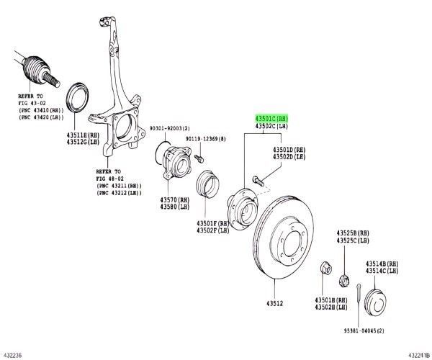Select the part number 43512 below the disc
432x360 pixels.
[274, 303]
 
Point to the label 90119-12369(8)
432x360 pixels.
[204, 139]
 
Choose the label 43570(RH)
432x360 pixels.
[174, 199]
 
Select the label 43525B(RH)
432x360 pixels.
[352, 233]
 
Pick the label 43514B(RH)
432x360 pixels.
[382, 264]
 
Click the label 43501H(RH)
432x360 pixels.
[330, 300]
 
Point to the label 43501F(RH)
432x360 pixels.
[212, 224]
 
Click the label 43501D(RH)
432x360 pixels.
[288, 149]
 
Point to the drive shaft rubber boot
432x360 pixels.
[33, 68]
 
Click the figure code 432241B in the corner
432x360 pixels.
[417, 354]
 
